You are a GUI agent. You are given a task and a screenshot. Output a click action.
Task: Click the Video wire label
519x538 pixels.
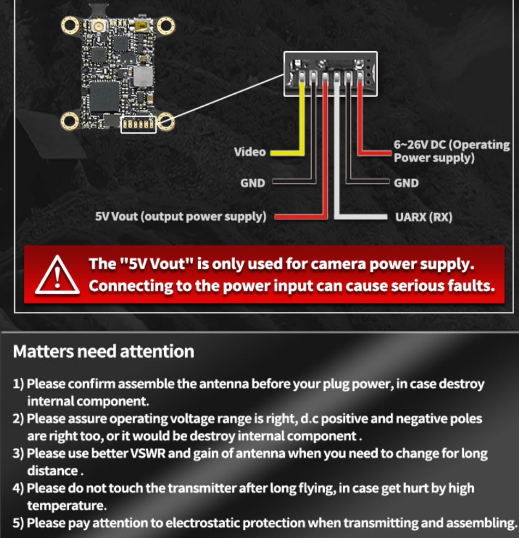(250, 152)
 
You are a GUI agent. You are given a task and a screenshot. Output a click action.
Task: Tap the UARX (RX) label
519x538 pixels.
(423, 217)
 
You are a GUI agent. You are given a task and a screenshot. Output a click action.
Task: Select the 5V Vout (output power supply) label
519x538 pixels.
(181, 216)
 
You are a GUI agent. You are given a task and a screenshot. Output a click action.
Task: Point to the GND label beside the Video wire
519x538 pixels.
(253, 183)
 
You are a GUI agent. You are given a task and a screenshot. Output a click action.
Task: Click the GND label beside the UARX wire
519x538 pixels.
(407, 183)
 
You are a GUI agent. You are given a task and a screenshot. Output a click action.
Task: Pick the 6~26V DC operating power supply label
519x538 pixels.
(451, 151)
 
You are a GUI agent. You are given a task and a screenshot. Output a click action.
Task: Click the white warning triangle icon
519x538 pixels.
(57, 275)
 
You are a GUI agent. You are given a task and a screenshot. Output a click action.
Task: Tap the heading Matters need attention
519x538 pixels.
(103, 352)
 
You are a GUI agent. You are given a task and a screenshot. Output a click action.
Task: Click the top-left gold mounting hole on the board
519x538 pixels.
(70, 26)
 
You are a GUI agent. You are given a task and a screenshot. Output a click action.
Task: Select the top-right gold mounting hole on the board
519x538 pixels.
(166, 26)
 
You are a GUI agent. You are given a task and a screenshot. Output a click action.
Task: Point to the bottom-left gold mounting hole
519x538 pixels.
(70, 121)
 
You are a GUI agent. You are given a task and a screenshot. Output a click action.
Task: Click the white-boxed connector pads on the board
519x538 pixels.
(139, 124)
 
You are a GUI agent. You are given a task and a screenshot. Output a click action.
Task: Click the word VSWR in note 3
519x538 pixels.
(148, 454)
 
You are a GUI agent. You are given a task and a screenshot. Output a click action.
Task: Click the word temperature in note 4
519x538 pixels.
(67, 505)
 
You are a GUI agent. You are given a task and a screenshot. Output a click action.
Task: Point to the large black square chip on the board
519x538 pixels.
(104, 97)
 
